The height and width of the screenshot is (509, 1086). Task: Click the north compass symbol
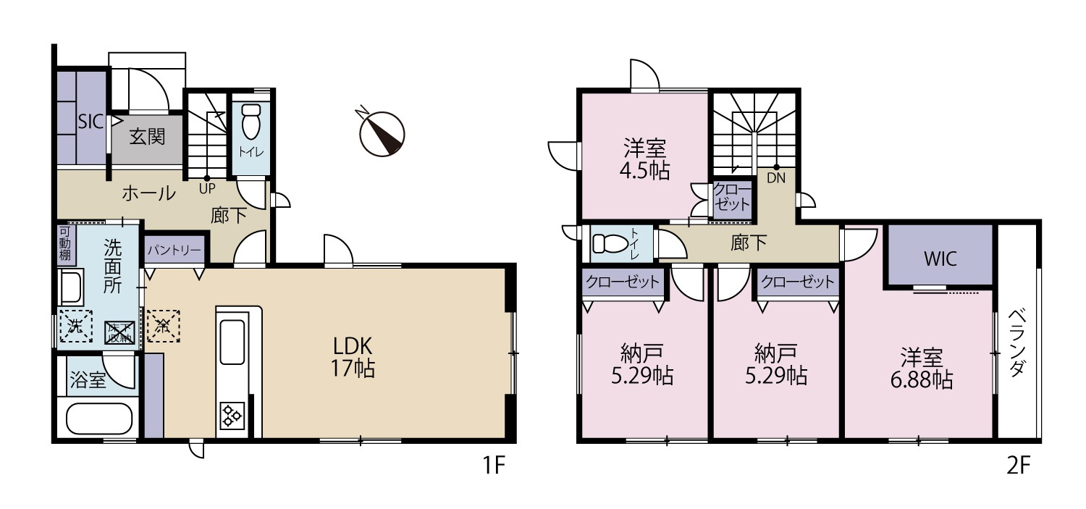pos(382,132)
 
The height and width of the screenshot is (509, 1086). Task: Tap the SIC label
pos(90,121)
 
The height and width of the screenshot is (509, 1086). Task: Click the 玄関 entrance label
pos(148,137)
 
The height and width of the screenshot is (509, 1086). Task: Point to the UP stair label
pos(207,188)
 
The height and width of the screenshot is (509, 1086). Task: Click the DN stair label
pos(775,178)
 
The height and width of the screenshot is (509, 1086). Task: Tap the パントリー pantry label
pos(174,250)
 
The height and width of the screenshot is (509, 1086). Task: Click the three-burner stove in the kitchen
pos(232,416)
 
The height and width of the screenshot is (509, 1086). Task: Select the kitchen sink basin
pos(232,342)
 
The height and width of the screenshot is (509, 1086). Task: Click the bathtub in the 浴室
pos(99,418)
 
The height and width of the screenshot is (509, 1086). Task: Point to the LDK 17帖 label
pos(353,357)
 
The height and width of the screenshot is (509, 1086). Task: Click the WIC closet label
pos(940,259)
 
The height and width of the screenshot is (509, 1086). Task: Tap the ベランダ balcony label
pos(1017,342)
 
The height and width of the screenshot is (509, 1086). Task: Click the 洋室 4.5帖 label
pos(645,159)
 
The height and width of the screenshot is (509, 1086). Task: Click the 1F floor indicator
pos(494,466)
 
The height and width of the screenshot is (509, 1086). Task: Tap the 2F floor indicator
pos(1018,466)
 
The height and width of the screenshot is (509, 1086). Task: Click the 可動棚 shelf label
pos(64,243)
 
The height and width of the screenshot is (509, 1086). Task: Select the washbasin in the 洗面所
pos(71,288)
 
